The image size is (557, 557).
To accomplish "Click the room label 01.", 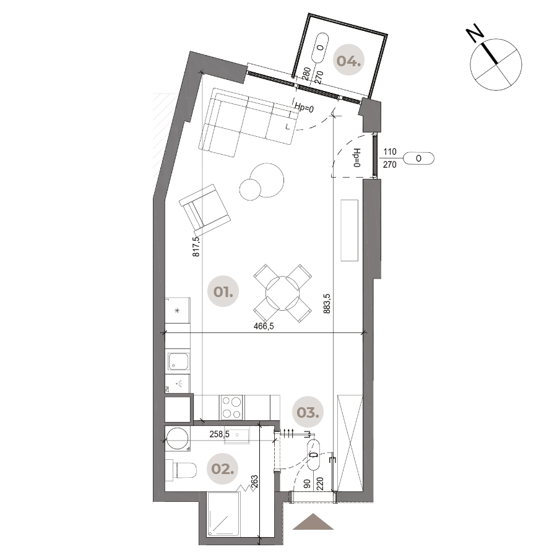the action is pos(223,291).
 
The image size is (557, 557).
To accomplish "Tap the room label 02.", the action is pos(222,469).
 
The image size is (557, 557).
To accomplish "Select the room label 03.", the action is pos(308,412).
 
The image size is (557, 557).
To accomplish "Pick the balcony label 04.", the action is pos(348,61).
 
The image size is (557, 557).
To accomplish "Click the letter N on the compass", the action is pos(475,33).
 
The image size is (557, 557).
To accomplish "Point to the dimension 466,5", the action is pos(264,326).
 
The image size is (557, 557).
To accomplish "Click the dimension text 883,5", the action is pos(326,303).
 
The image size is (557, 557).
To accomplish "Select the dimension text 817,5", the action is pos(196,246).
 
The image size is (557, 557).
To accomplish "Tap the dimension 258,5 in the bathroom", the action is pos(219,434).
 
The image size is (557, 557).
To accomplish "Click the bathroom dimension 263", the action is pos(254,482).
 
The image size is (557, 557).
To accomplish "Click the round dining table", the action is pos(283,293).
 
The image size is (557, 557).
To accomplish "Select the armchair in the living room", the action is pos(204,210).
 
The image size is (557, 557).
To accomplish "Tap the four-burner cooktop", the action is pos(231,407).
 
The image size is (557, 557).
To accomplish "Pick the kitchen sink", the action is pos(178,361).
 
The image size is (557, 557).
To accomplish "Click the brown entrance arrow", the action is pos(313,522).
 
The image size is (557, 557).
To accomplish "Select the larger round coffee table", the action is pos(267,179).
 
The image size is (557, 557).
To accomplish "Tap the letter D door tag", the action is pos(314,455).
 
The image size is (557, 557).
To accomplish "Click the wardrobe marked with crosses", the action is pos(350,443).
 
